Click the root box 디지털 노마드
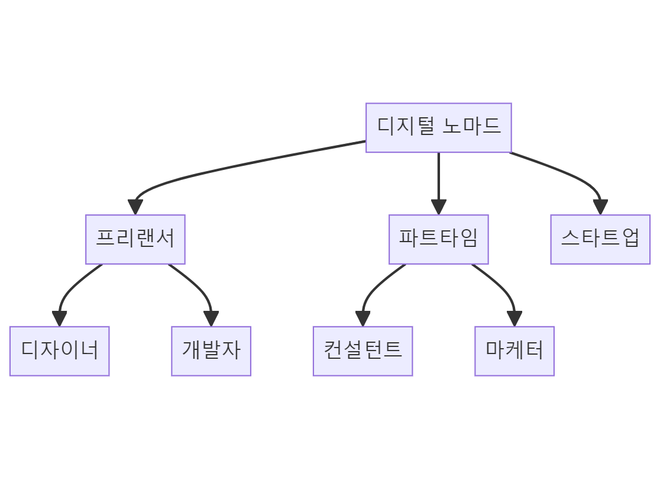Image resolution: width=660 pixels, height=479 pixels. click(x=438, y=128)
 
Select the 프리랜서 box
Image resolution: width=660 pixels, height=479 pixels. click(x=135, y=239)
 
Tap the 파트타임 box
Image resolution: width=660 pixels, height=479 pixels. click(x=438, y=239)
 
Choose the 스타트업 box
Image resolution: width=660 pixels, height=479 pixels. click(x=600, y=239)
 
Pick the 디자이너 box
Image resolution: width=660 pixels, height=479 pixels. click(x=59, y=351)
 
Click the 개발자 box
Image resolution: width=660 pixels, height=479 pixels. click(x=211, y=351)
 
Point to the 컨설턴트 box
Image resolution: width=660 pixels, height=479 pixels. click(x=363, y=351)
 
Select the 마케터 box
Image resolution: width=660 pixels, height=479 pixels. click(x=514, y=351)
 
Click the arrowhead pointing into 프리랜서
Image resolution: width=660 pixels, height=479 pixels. click(x=135, y=207)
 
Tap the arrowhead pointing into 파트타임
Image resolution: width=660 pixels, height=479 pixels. click(x=438, y=207)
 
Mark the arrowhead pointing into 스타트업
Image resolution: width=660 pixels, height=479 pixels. click(x=600, y=207)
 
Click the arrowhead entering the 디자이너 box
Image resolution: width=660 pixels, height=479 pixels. click(x=60, y=319)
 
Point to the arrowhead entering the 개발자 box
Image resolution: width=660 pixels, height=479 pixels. click(x=211, y=319)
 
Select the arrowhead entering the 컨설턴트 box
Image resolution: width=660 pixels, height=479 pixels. click(x=363, y=319)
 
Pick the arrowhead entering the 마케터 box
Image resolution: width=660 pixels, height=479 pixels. click(x=515, y=319)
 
